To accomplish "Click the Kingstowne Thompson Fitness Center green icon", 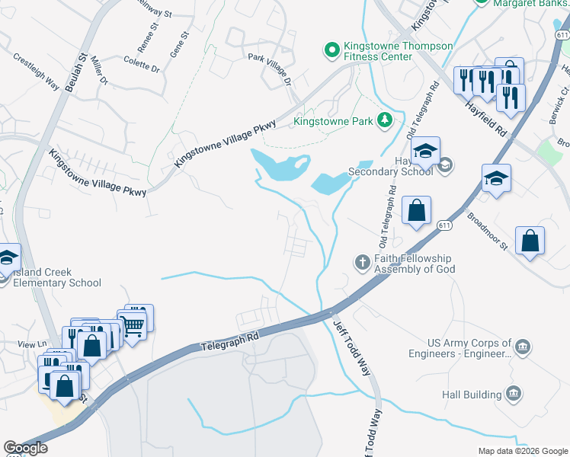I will [332, 51].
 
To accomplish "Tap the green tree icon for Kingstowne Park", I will [386, 120].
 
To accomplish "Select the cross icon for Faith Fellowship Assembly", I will [363, 263].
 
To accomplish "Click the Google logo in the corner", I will [26, 448].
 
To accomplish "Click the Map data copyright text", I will [523, 451].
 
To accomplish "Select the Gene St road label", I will [180, 45].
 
